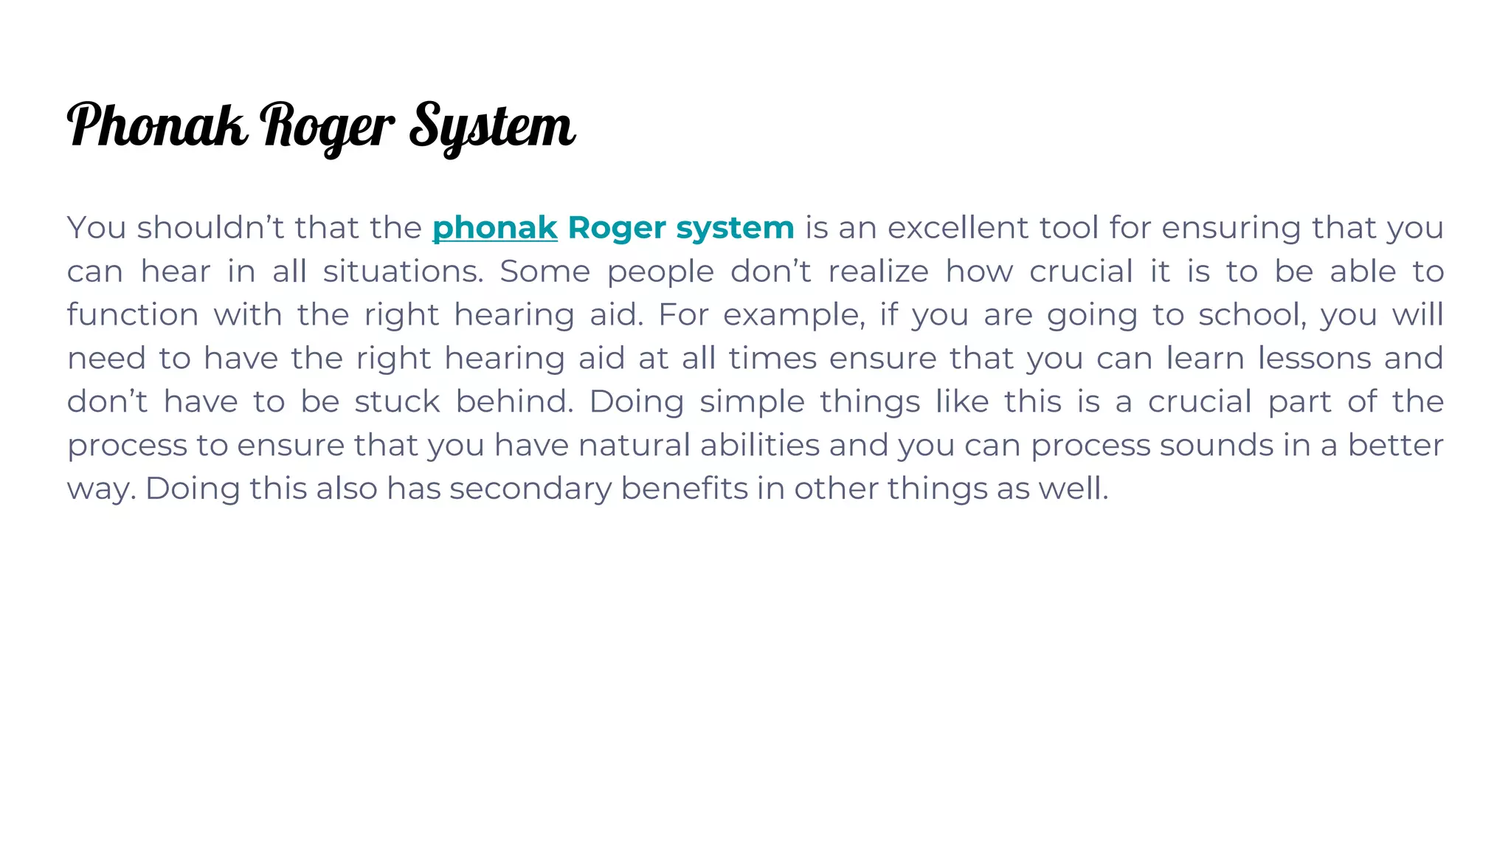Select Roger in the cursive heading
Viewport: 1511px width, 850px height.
[328, 127]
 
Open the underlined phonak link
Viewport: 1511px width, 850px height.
[494, 228]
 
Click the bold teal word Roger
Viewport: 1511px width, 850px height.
[616, 228]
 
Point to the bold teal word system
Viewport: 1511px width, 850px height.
[735, 228]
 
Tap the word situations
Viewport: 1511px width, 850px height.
[403, 272]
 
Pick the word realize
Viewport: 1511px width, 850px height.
[878, 272]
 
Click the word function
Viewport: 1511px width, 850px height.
[133, 315]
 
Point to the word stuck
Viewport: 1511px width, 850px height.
[397, 402]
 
